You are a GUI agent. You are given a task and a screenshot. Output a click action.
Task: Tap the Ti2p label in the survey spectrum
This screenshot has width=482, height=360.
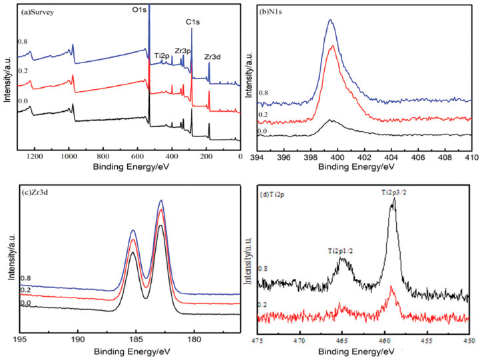pos(161,56)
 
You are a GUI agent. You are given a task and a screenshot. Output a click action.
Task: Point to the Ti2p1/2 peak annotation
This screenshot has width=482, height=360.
pos(342,251)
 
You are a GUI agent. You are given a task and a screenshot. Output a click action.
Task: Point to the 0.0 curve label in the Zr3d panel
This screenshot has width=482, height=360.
pos(25,303)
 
